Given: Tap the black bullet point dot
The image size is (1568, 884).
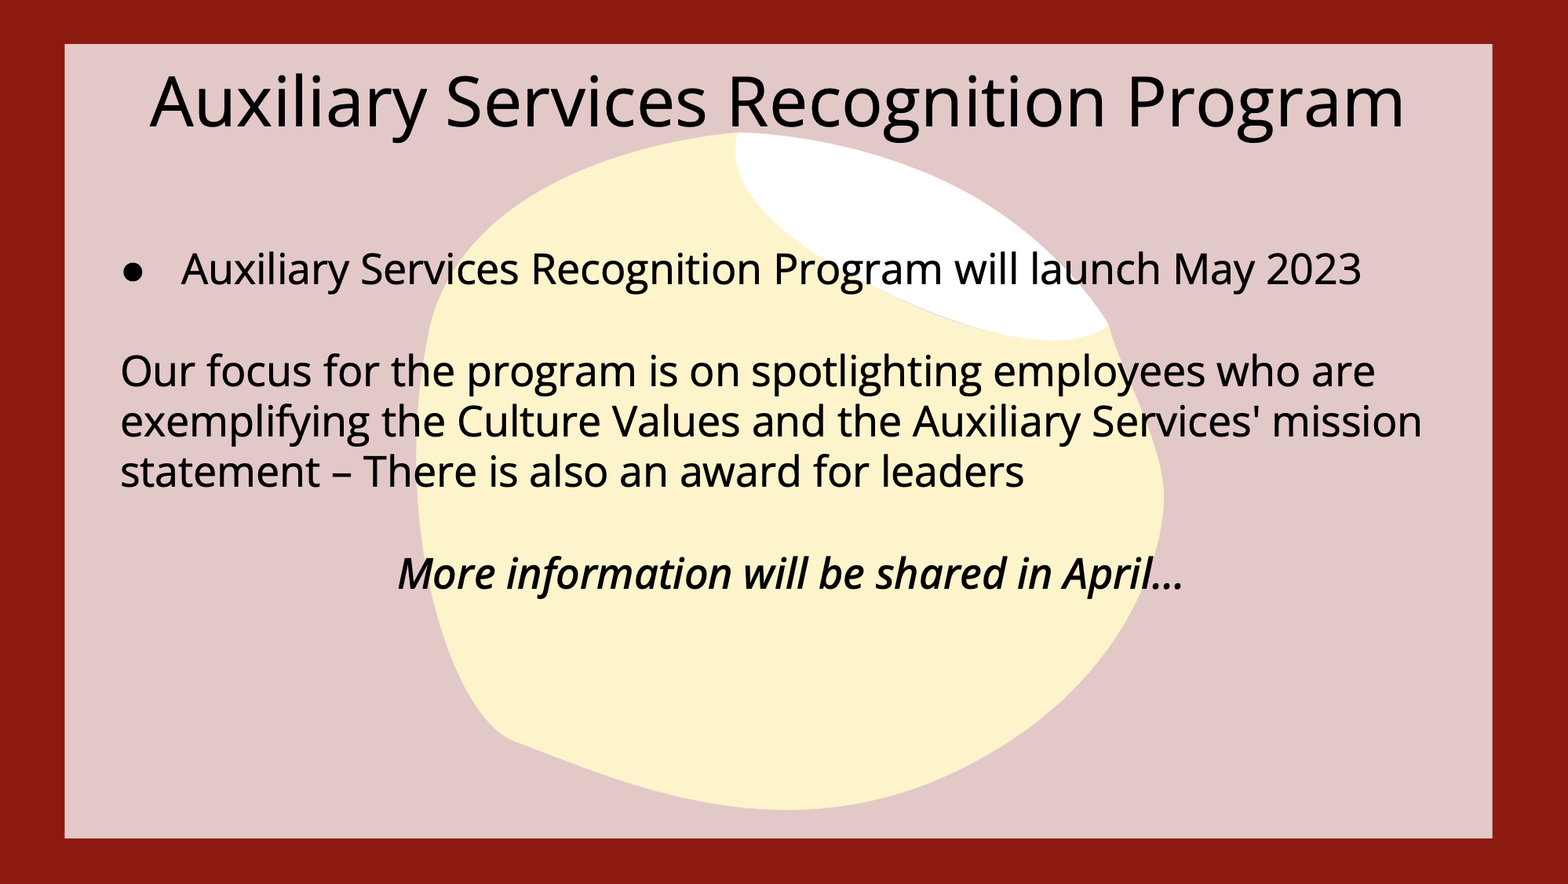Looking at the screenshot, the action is pos(133,272).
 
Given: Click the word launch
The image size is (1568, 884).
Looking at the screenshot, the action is pos(1095,269).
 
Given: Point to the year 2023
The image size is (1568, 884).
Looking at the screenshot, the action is pos(1314,270).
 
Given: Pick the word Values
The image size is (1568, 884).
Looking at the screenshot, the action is pos(676,422).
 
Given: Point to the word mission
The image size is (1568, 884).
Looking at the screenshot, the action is pos(1347,422).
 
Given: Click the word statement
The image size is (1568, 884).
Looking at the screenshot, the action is pos(221,473).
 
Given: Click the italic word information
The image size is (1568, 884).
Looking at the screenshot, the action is pos(619,574).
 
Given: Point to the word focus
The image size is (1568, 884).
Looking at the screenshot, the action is pos(259,371).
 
